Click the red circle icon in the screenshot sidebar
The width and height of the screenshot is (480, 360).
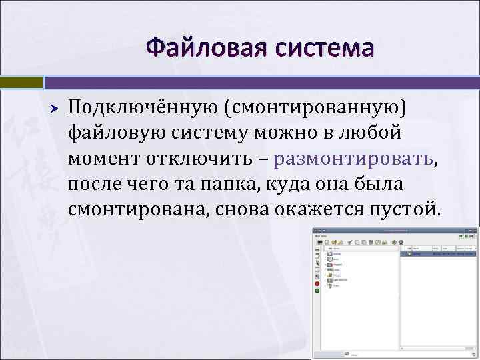tap(318, 282)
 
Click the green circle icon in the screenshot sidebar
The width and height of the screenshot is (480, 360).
tap(318, 290)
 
